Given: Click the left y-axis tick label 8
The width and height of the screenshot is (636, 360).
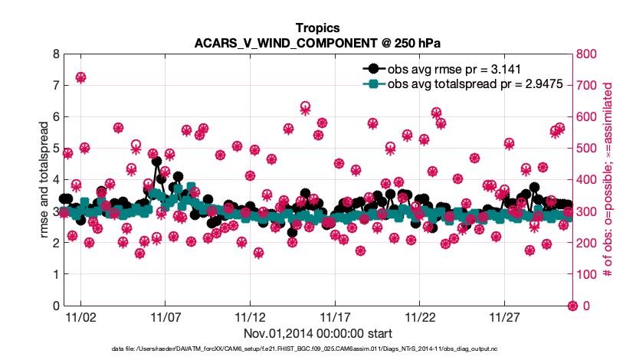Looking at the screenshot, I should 54,54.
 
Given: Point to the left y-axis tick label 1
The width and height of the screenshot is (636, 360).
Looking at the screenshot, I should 54,274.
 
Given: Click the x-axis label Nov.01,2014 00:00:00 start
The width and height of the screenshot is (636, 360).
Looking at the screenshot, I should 317,333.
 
